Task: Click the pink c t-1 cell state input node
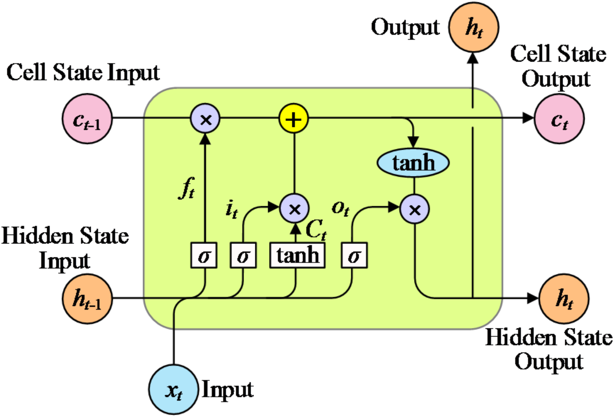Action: click(x=87, y=119)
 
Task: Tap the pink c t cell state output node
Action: click(x=559, y=119)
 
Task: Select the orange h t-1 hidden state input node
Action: click(x=87, y=299)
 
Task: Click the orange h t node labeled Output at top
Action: click(x=474, y=27)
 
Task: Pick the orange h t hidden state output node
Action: click(x=564, y=299)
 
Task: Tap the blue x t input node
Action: click(x=174, y=390)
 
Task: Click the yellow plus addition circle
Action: click(x=294, y=119)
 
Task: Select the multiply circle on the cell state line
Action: click(x=205, y=119)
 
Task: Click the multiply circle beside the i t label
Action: click(x=294, y=209)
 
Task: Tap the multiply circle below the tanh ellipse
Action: click(x=415, y=209)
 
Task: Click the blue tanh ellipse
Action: click(x=413, y=163)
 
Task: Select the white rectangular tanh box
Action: click(x=297, y=255)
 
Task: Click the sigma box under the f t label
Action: click(x=204, y=255)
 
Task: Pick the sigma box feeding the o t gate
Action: click(x=354, y=255)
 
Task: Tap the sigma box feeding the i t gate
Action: click(x=243, y=255)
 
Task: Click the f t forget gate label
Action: click(x=187, y=188)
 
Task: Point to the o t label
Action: click(x=340, y=208)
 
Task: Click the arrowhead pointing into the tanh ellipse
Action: click(x=413, y=142)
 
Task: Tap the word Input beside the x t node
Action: click(x=227, y=390)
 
